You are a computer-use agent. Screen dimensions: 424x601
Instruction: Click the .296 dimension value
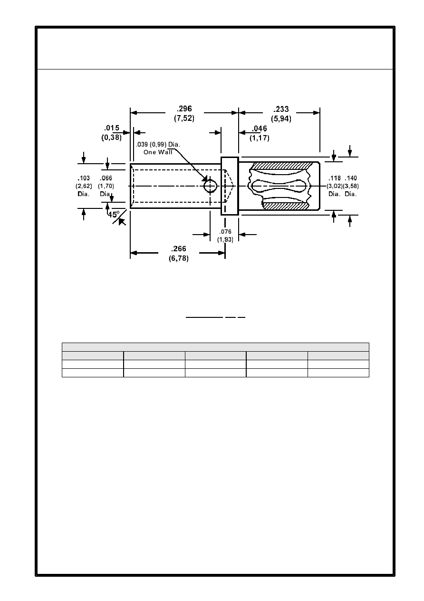[x=184, y=108]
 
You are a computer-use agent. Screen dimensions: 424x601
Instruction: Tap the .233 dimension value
[x=281, y=109]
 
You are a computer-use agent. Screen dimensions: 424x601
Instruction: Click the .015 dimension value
[x=112, y=128]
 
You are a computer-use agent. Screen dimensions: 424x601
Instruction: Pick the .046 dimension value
[x=260, y=128]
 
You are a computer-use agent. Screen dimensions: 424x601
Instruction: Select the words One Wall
[x=158, y=152]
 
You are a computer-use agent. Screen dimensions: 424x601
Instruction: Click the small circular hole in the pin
[x=210, y=186]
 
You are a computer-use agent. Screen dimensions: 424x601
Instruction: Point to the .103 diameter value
[x=84, y=178]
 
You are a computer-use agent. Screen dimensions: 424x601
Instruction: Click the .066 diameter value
[x=106, y=178]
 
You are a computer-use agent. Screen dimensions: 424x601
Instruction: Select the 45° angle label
[x=114, y=215]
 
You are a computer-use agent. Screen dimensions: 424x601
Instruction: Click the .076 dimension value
[x=225, y=232]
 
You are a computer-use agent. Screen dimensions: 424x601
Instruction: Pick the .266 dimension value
[x=179, y=249]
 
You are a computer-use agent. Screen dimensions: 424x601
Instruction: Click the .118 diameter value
[x=335, y=178]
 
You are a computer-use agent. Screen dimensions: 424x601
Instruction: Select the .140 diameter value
[x=351, y=178]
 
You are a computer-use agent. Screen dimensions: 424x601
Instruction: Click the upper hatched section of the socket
[x=282, y=166]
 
